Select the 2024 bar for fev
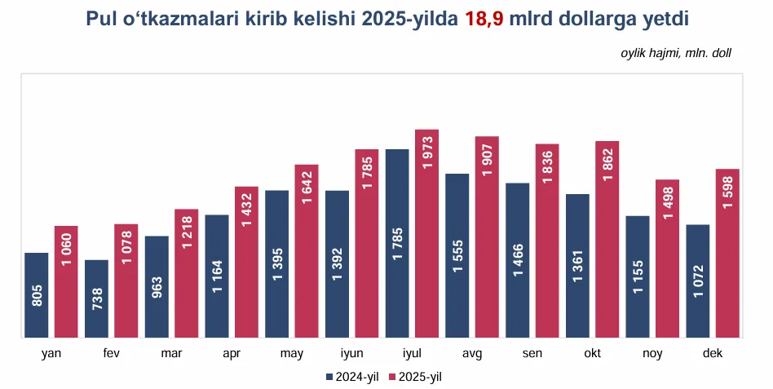pos(96,298)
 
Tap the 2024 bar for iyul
pos(397,243)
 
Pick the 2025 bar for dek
pos(727,253)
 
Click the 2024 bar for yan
pos(37,294)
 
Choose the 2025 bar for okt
pos(607,239)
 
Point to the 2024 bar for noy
pos(638,276)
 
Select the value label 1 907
pos(487,161)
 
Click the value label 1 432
pos(246,211)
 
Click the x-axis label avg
pos(472,352)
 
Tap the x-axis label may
pos(291,352)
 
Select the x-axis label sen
pos(532,352)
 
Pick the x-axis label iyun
pos(351,352)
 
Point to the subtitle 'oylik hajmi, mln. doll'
pos(676,53)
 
